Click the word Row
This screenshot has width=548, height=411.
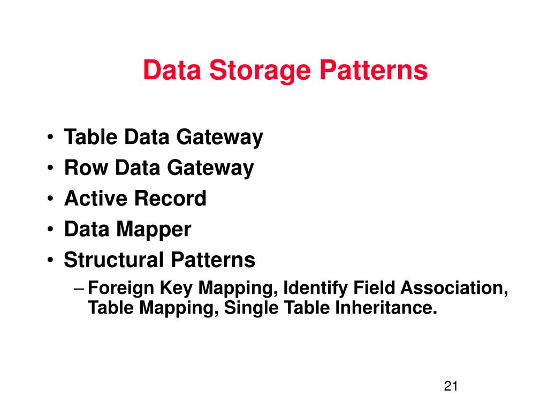(x=87, y=168)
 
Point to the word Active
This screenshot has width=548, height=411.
(x=95, y=199)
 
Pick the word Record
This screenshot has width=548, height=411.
(x=170, y=199)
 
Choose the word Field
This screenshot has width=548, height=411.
(x=373, y=288)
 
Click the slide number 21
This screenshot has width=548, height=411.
(x=451, y=387)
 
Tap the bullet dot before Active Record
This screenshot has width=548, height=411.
(x=49, y=199)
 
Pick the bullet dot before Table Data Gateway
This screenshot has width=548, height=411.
(x=49, y=138)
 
